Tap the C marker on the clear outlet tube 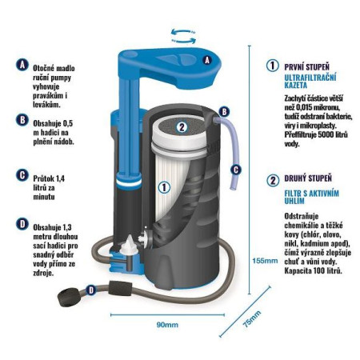coord(236,169)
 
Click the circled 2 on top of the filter coord(182,126)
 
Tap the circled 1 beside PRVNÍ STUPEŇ coord(272,66)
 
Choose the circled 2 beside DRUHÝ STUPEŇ coord(272,180)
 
